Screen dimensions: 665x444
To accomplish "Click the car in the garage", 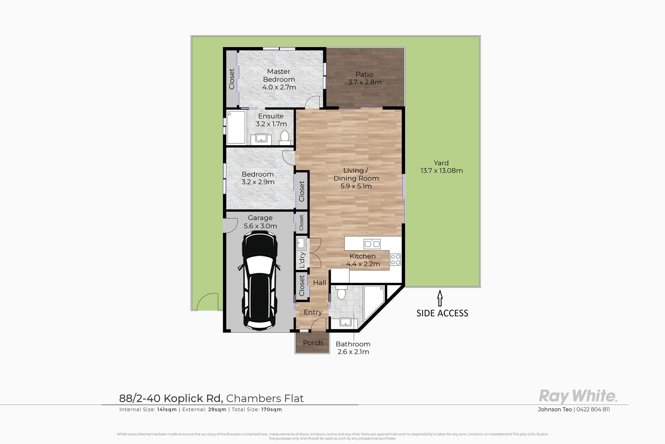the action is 259,281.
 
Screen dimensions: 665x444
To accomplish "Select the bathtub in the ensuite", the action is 236,127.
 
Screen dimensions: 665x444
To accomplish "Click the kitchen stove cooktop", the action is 396,260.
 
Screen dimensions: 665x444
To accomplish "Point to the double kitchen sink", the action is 372,244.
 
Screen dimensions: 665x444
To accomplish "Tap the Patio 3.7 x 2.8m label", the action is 364,78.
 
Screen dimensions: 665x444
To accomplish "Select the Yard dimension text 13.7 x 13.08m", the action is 442,170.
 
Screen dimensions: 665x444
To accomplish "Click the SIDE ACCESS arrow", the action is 440,299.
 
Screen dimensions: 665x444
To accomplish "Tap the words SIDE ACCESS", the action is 442,313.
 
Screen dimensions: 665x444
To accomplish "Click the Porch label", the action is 313,343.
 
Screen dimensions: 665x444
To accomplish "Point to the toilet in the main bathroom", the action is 341,292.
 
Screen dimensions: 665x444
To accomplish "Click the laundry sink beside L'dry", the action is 301,243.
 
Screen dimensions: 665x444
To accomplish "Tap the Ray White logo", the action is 577,396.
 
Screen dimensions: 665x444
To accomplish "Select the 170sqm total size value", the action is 272,409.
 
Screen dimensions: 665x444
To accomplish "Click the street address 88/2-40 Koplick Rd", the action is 171,398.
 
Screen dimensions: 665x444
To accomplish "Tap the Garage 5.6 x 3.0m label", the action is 260,222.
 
